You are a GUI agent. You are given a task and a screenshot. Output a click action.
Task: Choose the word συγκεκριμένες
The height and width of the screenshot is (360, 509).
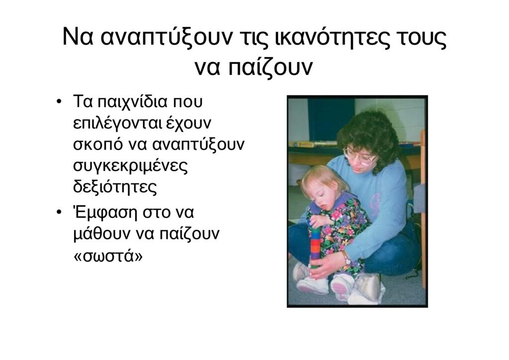click(x=131, y=166)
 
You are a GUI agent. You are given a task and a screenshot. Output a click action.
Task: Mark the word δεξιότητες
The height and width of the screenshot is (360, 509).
click(x=115, y=187)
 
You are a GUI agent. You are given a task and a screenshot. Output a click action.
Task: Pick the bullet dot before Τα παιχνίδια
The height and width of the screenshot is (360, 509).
click(x=59, y=101)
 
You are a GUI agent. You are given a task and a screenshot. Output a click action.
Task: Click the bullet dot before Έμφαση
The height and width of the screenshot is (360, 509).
click(x=59, y=213)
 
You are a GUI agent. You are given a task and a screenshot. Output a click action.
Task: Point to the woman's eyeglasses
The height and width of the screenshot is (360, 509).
click(x=359, y=157)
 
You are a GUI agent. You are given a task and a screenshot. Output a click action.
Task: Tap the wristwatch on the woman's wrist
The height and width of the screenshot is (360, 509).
click(x=346, y=259)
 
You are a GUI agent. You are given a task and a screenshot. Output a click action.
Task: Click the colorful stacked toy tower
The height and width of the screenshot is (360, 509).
click(x=315, y=246)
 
